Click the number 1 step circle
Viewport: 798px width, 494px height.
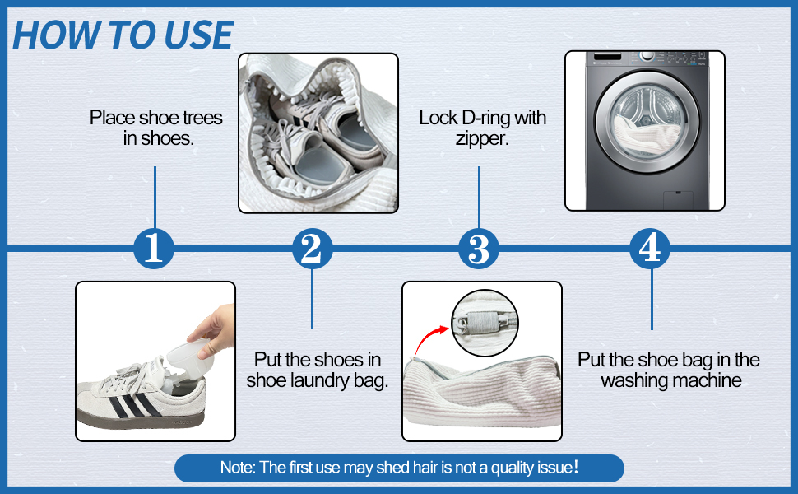coord(154,248)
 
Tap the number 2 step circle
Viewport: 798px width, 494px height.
coord(312,248)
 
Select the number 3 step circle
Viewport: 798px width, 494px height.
coord(479,248)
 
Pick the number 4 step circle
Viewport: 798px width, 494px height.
coord(650,248)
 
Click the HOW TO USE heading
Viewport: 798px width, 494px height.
coord(123,35)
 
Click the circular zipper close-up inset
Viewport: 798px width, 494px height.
coord(485,323)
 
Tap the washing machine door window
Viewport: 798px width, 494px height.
coord(647,122)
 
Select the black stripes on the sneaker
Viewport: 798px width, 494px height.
coord(134,404)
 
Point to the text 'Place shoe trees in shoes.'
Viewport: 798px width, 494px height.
coord(156,128)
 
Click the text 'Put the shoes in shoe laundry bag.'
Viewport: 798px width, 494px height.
coord(317,370)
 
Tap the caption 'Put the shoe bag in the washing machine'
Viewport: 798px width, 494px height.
coord(669,370)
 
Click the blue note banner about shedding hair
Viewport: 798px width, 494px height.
coord(399,468)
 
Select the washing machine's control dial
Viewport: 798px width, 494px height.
coord(647,56)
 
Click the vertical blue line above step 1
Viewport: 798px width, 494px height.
coord(155,197)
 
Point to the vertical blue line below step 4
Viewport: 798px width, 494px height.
coord(652,300)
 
